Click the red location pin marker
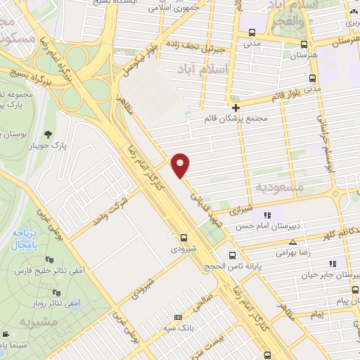[181, 165]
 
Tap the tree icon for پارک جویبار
[48, 134]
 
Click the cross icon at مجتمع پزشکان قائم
[236, 108]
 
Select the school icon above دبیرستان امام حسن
[266, 215]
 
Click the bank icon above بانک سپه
[177, 317]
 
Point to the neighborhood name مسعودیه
[279, 187]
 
